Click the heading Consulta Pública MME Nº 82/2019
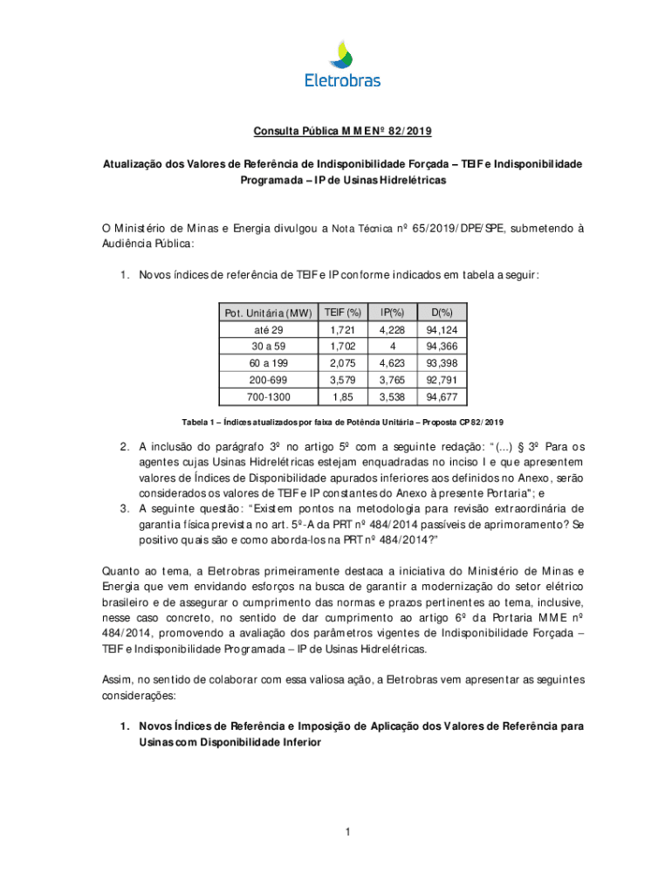click(342, 132)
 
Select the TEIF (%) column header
click(342, 313)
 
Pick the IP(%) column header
click(392, 313)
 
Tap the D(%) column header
click(442, 313)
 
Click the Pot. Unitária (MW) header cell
click(268, 313)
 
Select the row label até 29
click(268, 330)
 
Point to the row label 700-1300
click(268, 397)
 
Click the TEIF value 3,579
click(342, 381)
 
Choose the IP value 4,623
click(392, 363)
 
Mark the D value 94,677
click(442, 397)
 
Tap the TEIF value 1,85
click(342, 397)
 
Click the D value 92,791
click(442, 381)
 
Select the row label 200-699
click(268, 381)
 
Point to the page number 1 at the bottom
click(346, 832)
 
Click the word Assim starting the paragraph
click(117, 679)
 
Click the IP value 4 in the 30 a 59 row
click(392, 347)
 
